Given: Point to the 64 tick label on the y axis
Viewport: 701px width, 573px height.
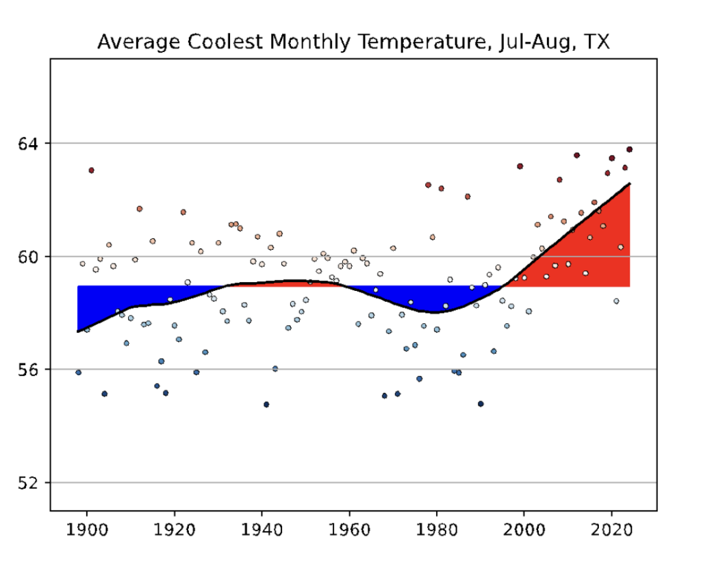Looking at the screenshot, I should click(x=29, y=144).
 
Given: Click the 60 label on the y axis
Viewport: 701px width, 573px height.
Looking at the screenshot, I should click(x=29, y=257).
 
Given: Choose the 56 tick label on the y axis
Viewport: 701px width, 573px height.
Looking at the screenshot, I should click(x=29, y=370).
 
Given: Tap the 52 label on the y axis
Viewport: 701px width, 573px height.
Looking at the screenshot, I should click(x=29, y=483).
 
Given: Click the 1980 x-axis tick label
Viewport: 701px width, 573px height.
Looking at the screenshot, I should click(x=437, y=531).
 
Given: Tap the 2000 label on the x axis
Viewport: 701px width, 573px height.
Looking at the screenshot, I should click(x=524, y=531).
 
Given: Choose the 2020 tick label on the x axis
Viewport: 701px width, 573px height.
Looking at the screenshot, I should click(x=611, y=531).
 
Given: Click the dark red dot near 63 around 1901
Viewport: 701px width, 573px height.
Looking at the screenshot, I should click(x=91, y=170).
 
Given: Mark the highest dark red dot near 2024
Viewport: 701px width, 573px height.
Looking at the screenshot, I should click(x=629, y=149).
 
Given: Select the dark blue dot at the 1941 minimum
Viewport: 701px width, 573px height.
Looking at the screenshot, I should click(x=266, y=405).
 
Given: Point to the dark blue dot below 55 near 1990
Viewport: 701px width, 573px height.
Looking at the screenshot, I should click(x=481, y=404).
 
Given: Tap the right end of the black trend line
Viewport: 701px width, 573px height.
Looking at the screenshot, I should click(x=628, y=184).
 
